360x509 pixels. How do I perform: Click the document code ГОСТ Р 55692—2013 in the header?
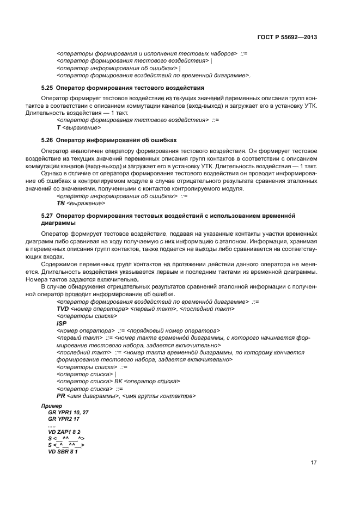point(286,38)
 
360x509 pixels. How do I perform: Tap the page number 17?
point(314,463)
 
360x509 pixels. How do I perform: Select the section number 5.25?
point(47,88)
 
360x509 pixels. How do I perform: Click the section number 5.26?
point(47,140)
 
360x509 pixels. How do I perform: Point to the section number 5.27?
point(47,216)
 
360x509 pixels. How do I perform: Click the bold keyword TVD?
point(63,309)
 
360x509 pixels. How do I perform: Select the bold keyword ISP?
point(61,323)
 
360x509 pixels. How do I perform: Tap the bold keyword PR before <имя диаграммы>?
point(60,396)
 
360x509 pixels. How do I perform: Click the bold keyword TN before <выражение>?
point(61,203)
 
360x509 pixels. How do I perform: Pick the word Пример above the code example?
point(52,407)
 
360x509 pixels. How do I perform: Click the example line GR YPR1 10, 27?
point(68,413)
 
